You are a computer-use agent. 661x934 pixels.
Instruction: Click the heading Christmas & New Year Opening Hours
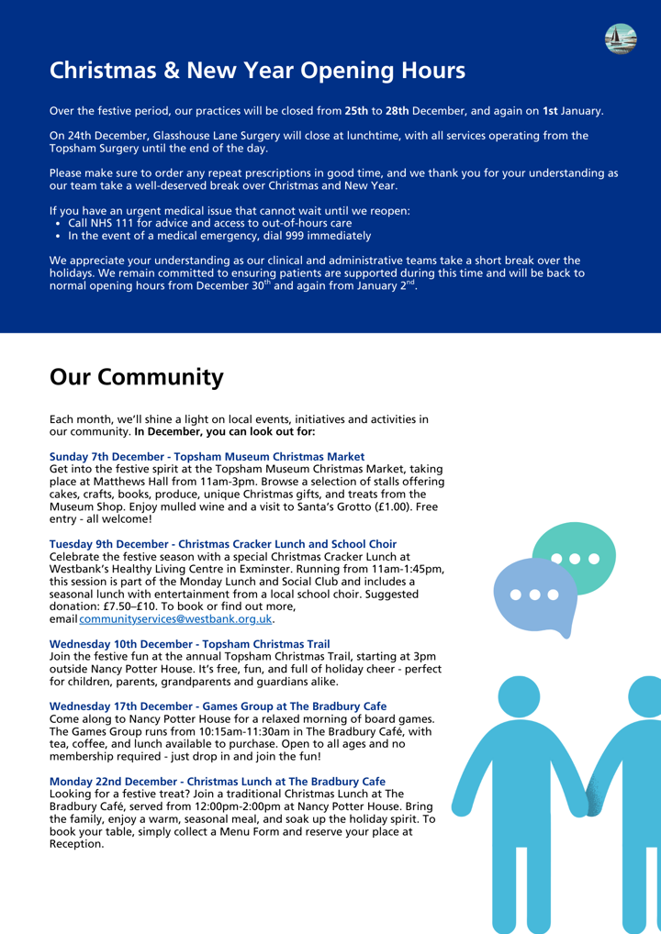257,70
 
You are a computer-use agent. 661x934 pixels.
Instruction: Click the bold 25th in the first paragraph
356,111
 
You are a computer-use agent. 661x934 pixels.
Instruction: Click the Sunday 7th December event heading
207,456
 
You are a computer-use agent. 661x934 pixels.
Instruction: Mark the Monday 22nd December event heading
217,781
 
